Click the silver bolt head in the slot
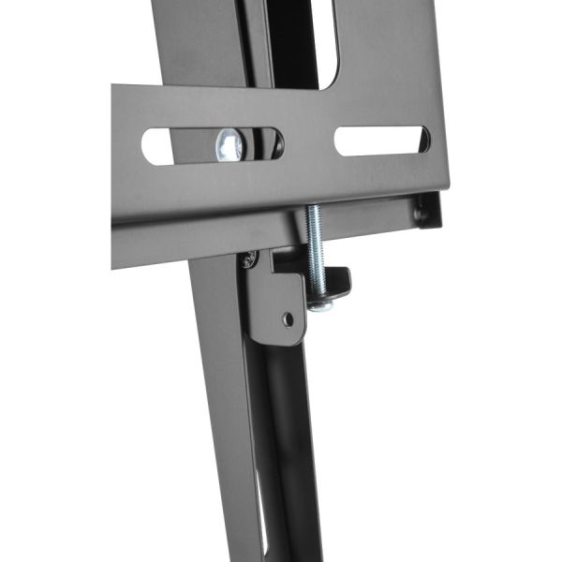tap(230, 145)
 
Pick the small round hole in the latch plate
tap(288, 319)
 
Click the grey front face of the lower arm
tap(225, 421)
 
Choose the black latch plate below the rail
tap(276, 300)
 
